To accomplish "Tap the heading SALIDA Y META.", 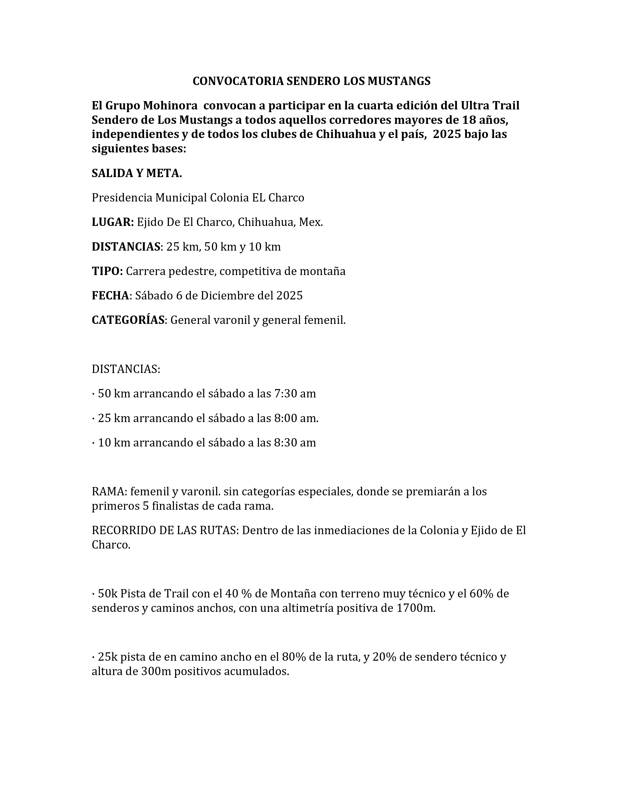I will (137, 173).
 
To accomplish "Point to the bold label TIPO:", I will (107, 271).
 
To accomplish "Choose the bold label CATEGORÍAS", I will (128, 320).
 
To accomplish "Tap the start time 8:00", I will (286, 418).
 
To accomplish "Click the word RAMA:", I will (109, 492).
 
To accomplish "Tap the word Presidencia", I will (122, 198).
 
